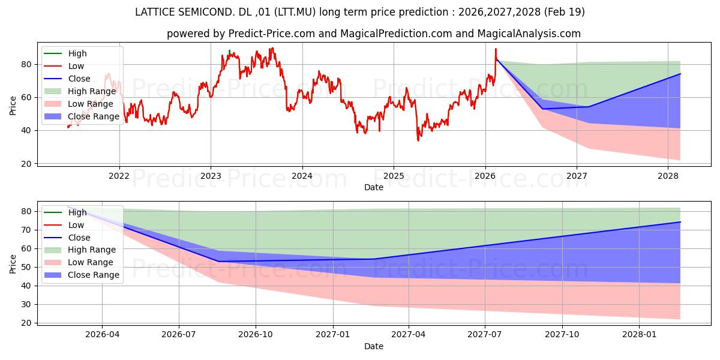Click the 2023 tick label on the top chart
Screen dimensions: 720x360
(x=211, y=176)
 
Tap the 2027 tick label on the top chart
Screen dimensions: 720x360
(x=577, y=176)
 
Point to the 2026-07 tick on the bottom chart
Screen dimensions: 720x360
(x=179, y=334)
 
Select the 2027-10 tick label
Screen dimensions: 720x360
(x=562, y=334)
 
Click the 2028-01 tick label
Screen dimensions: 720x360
(x=639, y=334)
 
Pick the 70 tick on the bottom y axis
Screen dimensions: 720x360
(x=26, y=230)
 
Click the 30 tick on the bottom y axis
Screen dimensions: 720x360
(x=26, y=304)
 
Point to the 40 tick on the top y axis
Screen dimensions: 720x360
(x=26, y=131)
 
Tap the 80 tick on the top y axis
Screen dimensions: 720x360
(x=26, y=64)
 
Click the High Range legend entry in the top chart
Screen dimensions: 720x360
(x=80, y=91)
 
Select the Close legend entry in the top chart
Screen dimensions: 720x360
(x=67, y=79)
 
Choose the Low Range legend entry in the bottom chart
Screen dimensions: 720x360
(x=79, y=262)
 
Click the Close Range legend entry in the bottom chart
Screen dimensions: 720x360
(x=82, y=275)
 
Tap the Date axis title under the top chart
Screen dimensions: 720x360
(x=373, y=187)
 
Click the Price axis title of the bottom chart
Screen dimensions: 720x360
(x=13, y=264)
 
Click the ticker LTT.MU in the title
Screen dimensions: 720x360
(x=295, y=12)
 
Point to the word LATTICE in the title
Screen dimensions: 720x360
(x=154, y=12)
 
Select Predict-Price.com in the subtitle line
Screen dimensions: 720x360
(x=271, y=34)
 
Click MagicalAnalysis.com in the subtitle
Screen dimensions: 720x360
(x=529, y=34)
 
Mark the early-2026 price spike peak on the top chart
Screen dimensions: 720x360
(x=496, y=49)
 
